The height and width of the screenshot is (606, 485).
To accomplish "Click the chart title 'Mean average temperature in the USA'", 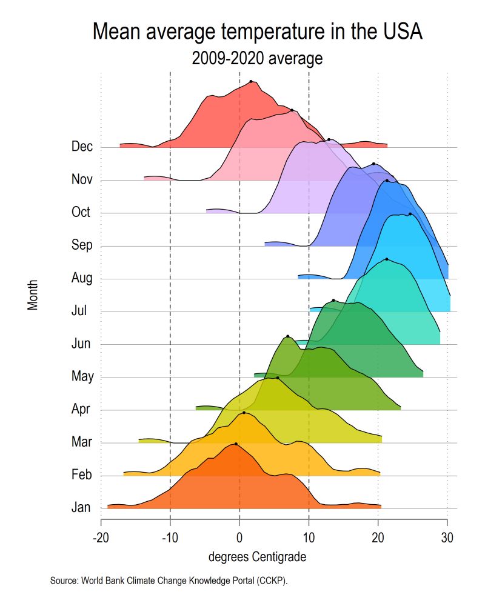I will pyautogui.click(x=257, y=32).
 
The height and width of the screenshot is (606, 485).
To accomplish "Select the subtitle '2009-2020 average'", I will pyautogui.click(x=257, y=59).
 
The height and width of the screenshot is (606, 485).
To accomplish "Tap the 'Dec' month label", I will pyautogui.click(x=82, y=147).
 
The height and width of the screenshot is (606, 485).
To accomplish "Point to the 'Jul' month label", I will pyautogui.click(x=80, y=311).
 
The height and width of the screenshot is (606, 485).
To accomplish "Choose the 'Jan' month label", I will pyautogui.click(x=81, y=508).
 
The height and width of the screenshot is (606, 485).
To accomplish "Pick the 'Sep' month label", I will pyautogui.click(x=82, y=245).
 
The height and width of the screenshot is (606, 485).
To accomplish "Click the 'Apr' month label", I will pyautogui.click(x=81, y=409).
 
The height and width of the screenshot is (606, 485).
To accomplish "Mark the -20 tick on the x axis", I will pyautogui.click(x=101, y=538).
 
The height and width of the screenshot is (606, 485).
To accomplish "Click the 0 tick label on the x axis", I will pyautogui.click(x=239, y=538).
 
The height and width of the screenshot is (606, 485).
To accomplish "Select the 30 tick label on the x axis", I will pyautogui.click(x=447, y=538).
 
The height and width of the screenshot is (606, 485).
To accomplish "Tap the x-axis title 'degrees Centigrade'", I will pyautogui.click(x=257, y=556).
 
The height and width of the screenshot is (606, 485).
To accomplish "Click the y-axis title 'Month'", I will pyautogui.click(x=33, y=295).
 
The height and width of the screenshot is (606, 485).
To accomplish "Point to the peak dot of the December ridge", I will pyautogui.click(x=251, y=81).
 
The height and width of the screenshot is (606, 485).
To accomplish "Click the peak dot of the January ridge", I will pyautogui.click(x=236, y=444).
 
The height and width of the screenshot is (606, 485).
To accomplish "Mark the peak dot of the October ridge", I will pyautogui.click(x=329, y=140).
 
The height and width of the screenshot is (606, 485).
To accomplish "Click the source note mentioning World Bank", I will pyautogui.click(x=169, y=581).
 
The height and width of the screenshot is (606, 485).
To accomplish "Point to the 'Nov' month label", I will pyautogui.click(x=81, y=179).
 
